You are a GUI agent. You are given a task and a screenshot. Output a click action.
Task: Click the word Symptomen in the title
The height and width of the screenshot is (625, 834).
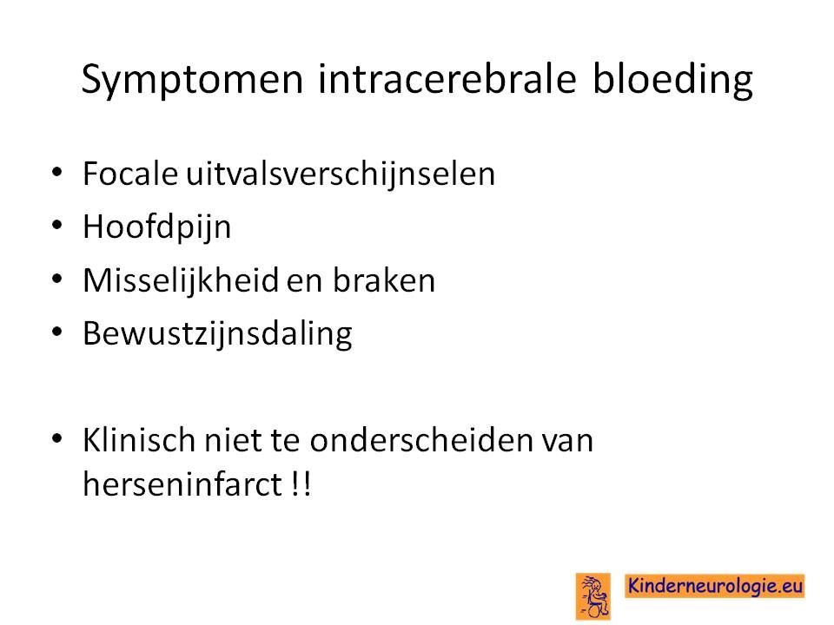[x=192, y=80]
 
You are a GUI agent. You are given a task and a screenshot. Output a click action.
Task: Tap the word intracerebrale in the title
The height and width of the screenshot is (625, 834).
[x=447, y=79]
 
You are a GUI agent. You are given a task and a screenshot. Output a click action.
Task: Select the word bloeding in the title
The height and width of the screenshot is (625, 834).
[x=672, y=80]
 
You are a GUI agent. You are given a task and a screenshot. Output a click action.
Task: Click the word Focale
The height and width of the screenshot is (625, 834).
[x=129, y=174]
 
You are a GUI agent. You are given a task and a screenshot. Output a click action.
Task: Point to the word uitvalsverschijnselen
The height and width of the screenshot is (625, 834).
[x=341, y=174]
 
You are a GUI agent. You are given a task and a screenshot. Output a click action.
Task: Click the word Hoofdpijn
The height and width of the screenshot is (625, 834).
[x=157, y=227]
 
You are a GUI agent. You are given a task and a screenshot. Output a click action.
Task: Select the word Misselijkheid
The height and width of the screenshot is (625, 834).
[x=181, y=280]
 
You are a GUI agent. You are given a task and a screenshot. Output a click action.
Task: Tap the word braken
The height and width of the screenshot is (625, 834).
[x=384, y=280]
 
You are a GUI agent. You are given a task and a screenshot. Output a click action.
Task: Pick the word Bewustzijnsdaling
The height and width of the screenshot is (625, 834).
[x=217, y=334]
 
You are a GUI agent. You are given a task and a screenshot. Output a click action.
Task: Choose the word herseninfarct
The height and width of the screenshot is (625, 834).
[x=182, y=484]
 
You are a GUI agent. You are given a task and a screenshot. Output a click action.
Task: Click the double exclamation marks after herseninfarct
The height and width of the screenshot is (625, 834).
[x=301, y=484]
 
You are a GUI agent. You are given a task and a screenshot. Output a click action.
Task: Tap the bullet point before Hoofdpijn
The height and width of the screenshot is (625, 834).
[x=57, y=225]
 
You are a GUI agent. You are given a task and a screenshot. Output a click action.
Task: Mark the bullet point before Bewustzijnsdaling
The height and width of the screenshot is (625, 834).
[x=57, y=331]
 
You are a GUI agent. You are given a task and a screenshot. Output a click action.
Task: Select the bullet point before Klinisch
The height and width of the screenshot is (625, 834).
[x=57, y=437]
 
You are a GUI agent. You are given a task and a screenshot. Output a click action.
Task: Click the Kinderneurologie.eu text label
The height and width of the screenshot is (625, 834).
[x=715, y=586]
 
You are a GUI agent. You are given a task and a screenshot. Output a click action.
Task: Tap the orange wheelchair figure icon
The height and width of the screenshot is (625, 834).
[x=593, y=596]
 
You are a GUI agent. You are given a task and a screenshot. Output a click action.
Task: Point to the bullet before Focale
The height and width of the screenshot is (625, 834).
[x=57, y=172]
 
